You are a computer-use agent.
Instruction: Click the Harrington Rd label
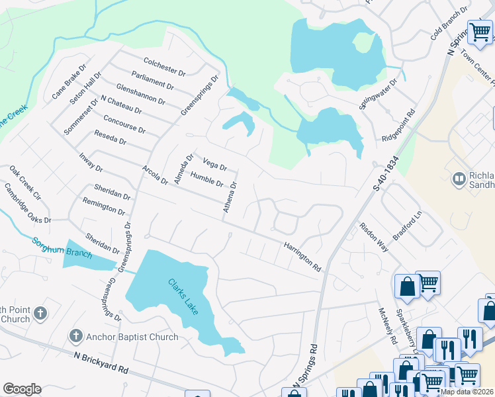[302, 257]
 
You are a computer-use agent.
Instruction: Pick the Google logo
[22, 389]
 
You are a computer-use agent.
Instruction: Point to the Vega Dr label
[215, 163]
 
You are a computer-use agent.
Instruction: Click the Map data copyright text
[467, 392]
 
